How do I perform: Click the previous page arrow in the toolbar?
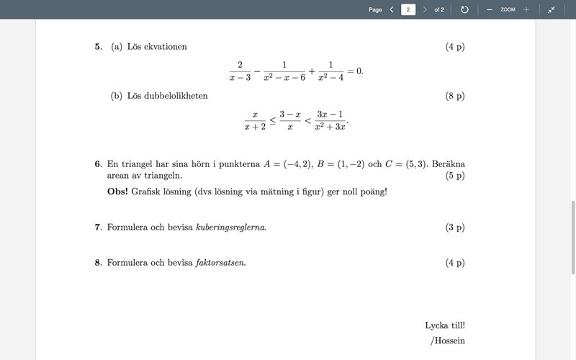tap(392, 9)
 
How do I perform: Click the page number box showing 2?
tap(408, 9)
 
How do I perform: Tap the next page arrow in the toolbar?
tap(425, 9)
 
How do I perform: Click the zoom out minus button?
tap(489, 9)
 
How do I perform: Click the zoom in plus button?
tap(526, 9)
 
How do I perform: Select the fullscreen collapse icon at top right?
tap(551, 9)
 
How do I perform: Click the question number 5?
tap(97, 47)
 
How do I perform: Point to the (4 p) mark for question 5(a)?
tap(455, 47)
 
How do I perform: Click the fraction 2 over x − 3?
tap(239, 71)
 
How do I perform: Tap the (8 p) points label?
tap(455, 96)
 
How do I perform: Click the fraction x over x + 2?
tap(255, 120)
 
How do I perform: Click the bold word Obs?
tap(117, 192)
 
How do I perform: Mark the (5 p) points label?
tap(455, 175)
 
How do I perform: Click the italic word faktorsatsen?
tap(220, 262)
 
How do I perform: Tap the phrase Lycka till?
tap(445, 325)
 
